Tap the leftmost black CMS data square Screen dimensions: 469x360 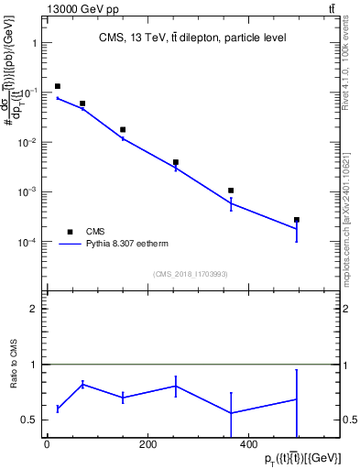58,87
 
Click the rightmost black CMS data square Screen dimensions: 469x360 297,220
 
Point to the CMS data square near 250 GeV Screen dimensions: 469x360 176,162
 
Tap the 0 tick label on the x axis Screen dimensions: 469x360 47,445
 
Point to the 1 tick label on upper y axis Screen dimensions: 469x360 34,43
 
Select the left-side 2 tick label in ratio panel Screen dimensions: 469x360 34,309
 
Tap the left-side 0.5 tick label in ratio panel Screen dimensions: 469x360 30,420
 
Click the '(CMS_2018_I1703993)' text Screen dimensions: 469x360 191,273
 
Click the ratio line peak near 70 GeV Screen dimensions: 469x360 83,384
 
